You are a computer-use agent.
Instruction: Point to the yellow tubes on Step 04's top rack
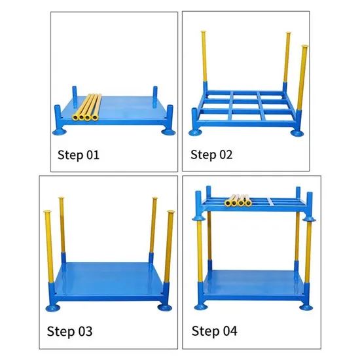(240, 201)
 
